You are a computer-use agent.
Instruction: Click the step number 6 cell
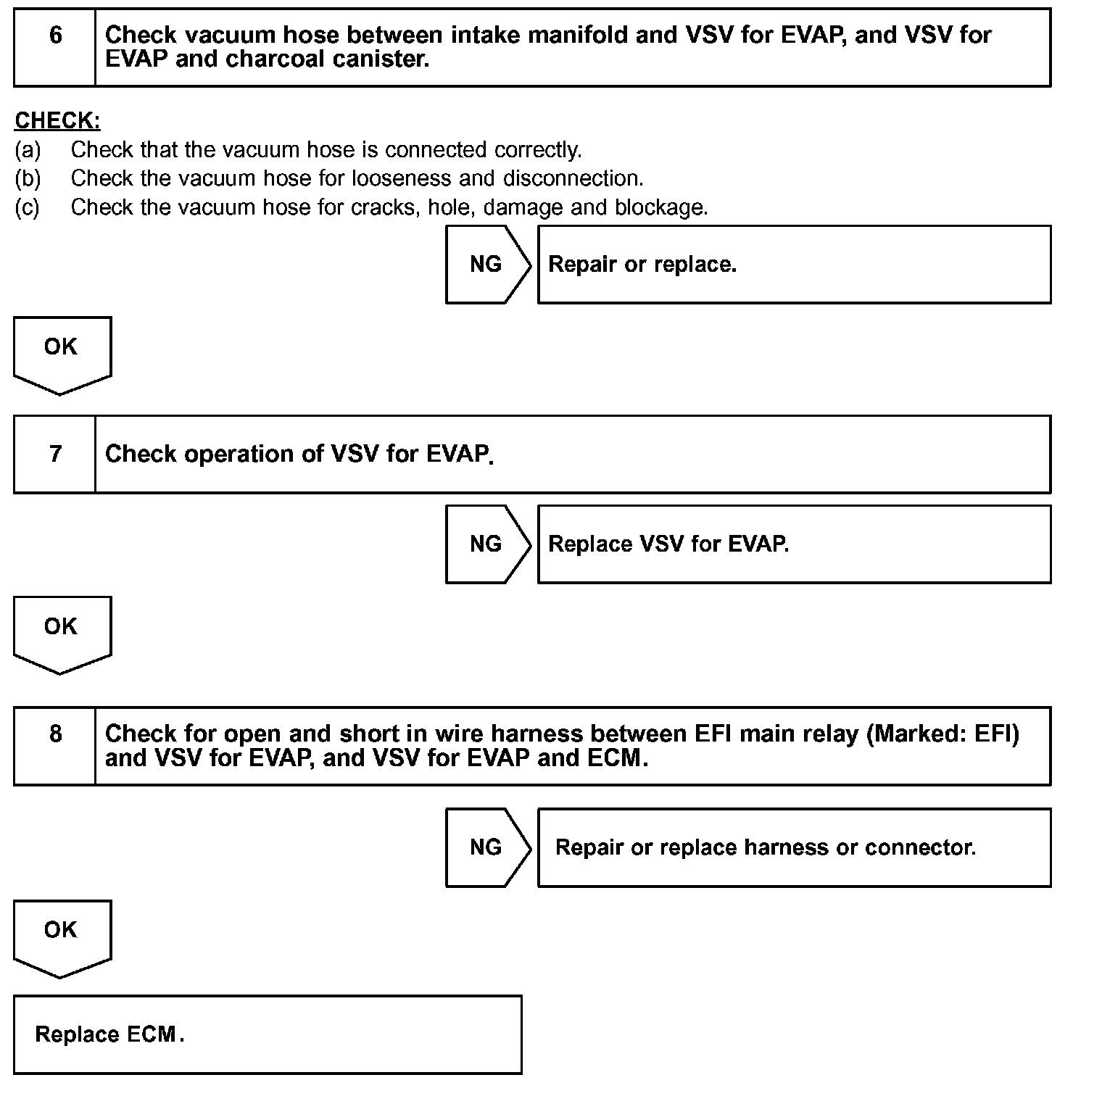click(x=55, y=48)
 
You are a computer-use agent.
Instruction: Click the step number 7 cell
click(x=55, y=454)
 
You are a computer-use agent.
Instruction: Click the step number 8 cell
click(x=55, y=746)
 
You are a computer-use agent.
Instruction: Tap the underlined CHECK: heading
click(x=58, y=120)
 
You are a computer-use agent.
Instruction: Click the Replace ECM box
click(x=268, y=1034)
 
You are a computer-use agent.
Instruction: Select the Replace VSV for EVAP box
click(x=794, y=544)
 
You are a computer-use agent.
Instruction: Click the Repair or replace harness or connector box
click(x=794, y=847)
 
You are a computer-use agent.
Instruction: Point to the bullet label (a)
click(x=28, y=150)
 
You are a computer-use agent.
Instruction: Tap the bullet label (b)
click(x=28, y=178)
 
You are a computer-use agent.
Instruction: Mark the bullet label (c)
click(x=28, y=207)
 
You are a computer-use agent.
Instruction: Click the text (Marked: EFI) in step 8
click(x=942, y=734)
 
